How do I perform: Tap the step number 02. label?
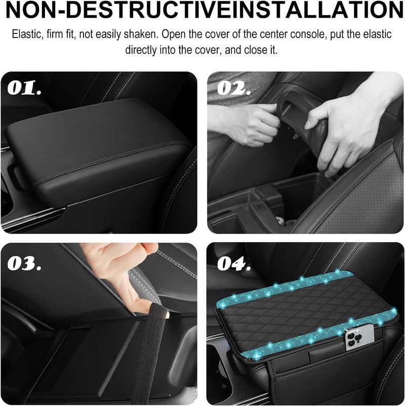(234, 88)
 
